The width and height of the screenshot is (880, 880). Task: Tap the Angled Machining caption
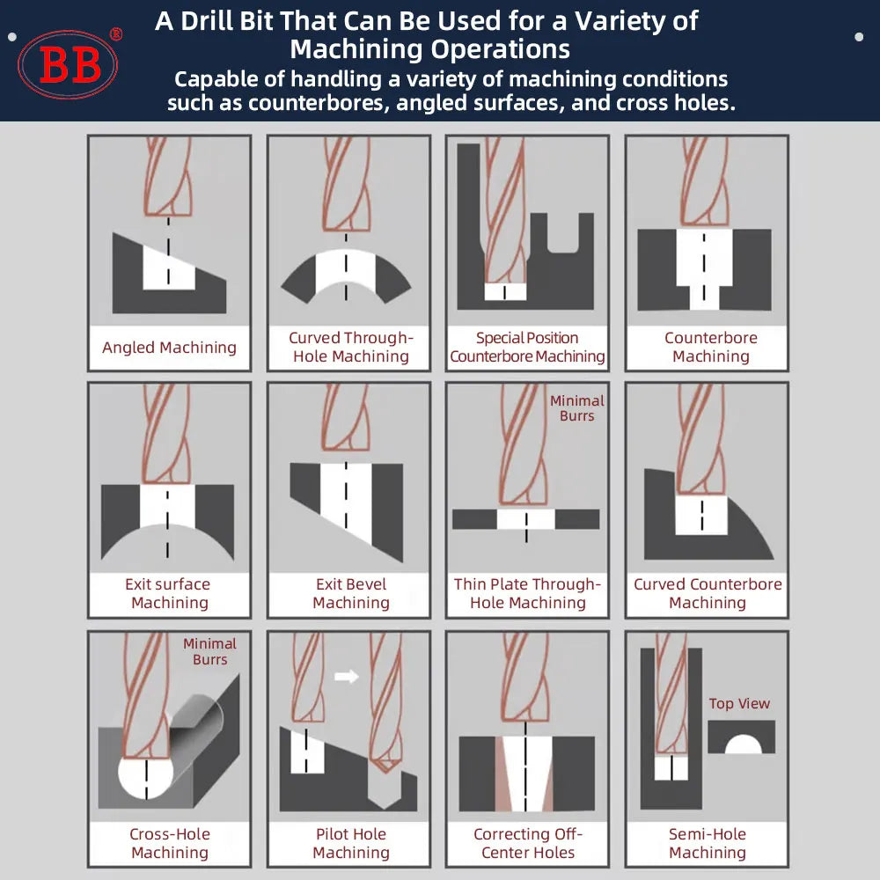click(169, 348)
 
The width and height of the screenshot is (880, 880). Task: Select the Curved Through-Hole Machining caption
click(350, 348)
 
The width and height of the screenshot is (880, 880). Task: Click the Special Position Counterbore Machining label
click(527, 348)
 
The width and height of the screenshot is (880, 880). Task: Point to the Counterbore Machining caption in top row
click(710, 348)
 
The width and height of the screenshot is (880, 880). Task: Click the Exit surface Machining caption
click(169, 594)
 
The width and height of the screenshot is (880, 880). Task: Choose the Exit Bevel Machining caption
click(350, 594)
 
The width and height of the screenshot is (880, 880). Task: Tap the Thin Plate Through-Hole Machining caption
click(527, 594)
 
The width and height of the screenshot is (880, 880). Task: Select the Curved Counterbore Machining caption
click(708, 594)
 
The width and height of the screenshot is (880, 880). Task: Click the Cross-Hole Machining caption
click(169, 843)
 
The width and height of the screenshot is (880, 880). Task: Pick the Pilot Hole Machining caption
click(350, 843)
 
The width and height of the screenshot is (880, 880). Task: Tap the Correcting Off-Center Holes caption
click(528, 843)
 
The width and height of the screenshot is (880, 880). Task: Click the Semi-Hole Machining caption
click(708, 843)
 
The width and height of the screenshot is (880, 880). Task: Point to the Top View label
click(739, 704)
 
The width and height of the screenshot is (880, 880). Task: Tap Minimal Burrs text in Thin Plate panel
click(577, 408)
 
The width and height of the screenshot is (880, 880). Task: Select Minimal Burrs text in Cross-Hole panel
click(210, 652)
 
